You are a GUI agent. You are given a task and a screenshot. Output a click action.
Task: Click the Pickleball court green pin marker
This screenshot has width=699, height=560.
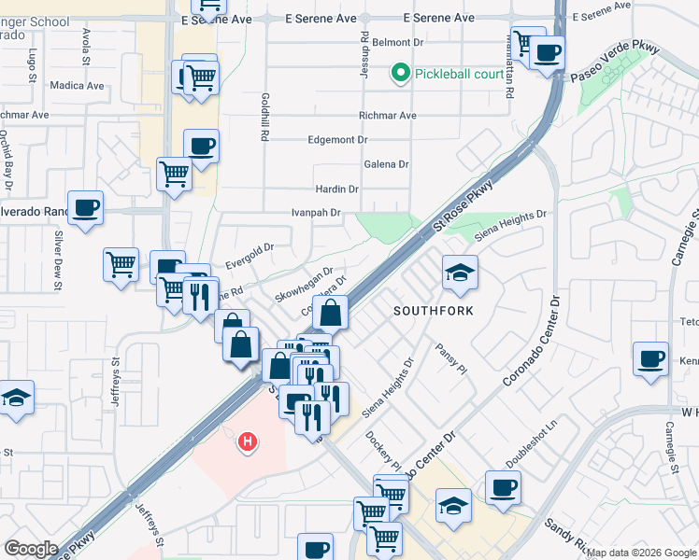[402, 73]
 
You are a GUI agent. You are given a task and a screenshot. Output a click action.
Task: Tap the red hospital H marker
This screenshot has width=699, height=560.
[248, 440]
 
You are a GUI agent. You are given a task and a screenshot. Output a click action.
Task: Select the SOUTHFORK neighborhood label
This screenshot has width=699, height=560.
[434, 310]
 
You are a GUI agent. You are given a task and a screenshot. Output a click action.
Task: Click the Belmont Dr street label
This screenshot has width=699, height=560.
[399, 43]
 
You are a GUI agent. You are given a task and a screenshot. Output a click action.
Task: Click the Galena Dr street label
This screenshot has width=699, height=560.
[386, 164]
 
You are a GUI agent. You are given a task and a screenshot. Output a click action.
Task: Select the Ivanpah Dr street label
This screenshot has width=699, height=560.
[317, 213]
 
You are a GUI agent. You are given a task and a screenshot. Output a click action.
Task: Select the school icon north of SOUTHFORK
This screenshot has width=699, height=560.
[459, 272]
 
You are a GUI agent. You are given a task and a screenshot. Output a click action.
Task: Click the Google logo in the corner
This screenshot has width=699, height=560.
[30, 549]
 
